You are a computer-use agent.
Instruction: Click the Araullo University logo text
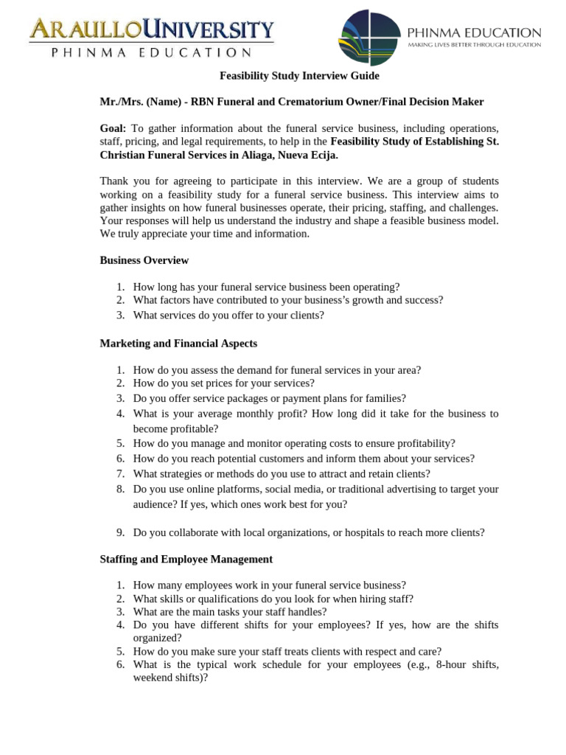click(x=151, y=30)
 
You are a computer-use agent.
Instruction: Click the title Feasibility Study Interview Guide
click(x=300, y=76)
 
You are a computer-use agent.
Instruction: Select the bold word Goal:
click(x=113, y=128)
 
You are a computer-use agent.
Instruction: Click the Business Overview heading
click(x=144, y=260)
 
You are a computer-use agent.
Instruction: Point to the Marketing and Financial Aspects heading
click(x=178, y=344)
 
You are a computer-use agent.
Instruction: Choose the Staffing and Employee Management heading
click(x=186, y=560)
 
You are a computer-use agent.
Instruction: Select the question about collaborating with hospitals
click(x=309, y=532)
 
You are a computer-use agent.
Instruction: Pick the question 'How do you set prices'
click(x=223, y=383)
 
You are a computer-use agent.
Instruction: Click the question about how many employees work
click(x=269, y=585)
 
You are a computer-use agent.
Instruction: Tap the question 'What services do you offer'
click(x=228, y=315)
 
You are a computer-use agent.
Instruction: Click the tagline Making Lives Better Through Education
click(x=475, y=45)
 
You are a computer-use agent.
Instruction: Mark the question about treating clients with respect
click(x=287, y=652)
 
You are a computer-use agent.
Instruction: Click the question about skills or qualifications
click(x=273, y=599)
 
